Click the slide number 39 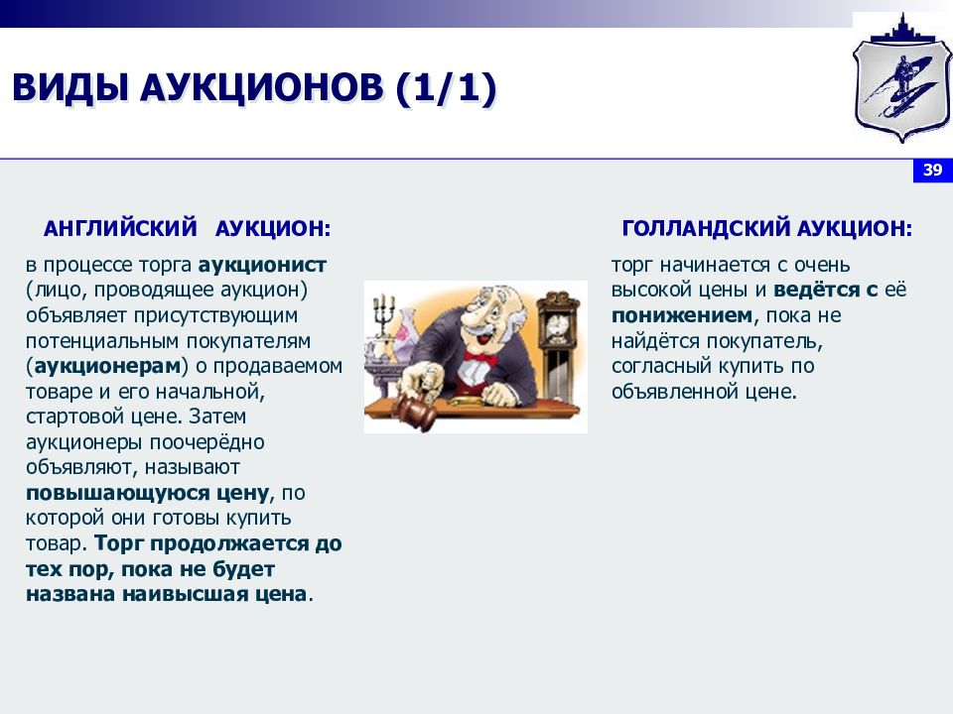(932, 171)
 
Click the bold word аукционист (262, 266)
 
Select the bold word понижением (682, 316)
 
